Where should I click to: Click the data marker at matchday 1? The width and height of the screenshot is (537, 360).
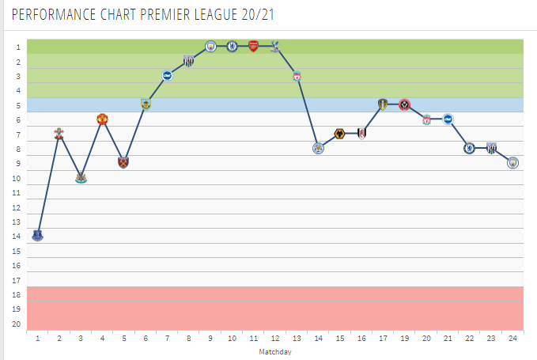click(x=37, y=235)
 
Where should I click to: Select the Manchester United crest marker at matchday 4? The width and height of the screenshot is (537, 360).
click(x=102, y=119)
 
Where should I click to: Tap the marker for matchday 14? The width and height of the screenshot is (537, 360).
click(x=318, y=148)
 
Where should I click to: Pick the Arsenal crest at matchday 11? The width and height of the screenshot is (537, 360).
click(x=253, y=46)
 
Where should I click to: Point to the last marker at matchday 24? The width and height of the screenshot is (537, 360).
click(x=512, y=162)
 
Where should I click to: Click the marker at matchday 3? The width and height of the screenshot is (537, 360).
click(x=81, y=177)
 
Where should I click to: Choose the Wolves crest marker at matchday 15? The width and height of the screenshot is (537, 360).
click(x=339, y=134)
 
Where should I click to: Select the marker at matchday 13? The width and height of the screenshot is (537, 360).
click(x=297, y=76)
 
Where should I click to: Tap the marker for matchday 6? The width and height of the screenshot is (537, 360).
click(x=146, y=104)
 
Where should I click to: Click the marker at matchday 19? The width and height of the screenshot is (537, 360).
click(x=404, y=104)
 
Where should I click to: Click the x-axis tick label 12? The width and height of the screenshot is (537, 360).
click(x=274, y=338)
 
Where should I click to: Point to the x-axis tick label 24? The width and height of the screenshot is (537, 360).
click(x=512, y=338)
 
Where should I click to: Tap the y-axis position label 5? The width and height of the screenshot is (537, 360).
click(x=17, y=105)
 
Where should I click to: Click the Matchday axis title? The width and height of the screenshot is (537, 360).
click(x=274, y=351)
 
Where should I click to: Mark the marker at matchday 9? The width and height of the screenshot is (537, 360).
click(x=210, y=46)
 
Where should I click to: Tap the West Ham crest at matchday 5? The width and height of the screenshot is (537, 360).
click(x=123, y=162)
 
